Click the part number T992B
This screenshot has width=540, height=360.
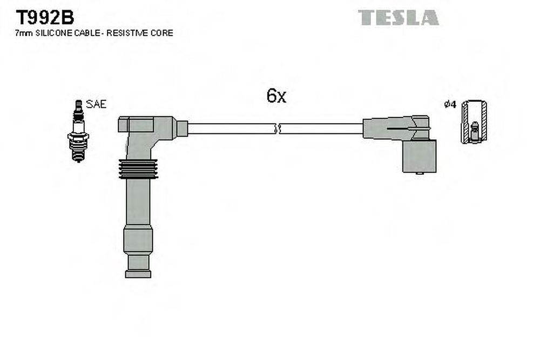[x=45, y=17]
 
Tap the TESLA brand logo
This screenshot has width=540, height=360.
[x=398, y=17]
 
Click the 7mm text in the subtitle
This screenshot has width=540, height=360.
[x=24, y=33]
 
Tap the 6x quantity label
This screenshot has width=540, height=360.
[x=276, y=96]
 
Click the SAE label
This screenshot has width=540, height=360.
[x=96, y=104]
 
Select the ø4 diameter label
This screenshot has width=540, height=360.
[x=450, y=104]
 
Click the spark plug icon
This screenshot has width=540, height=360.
[x=78, y=131]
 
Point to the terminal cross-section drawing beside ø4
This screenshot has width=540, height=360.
[x=474, y=122]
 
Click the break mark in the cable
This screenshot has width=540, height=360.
[x=278, y=128]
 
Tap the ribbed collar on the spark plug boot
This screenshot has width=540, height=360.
[x=138, y=169]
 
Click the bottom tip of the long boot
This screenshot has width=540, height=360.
[x=138, y=274]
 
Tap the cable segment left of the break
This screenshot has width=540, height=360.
[x=231, y=128]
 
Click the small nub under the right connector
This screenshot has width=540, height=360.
[x=420, y=173]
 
